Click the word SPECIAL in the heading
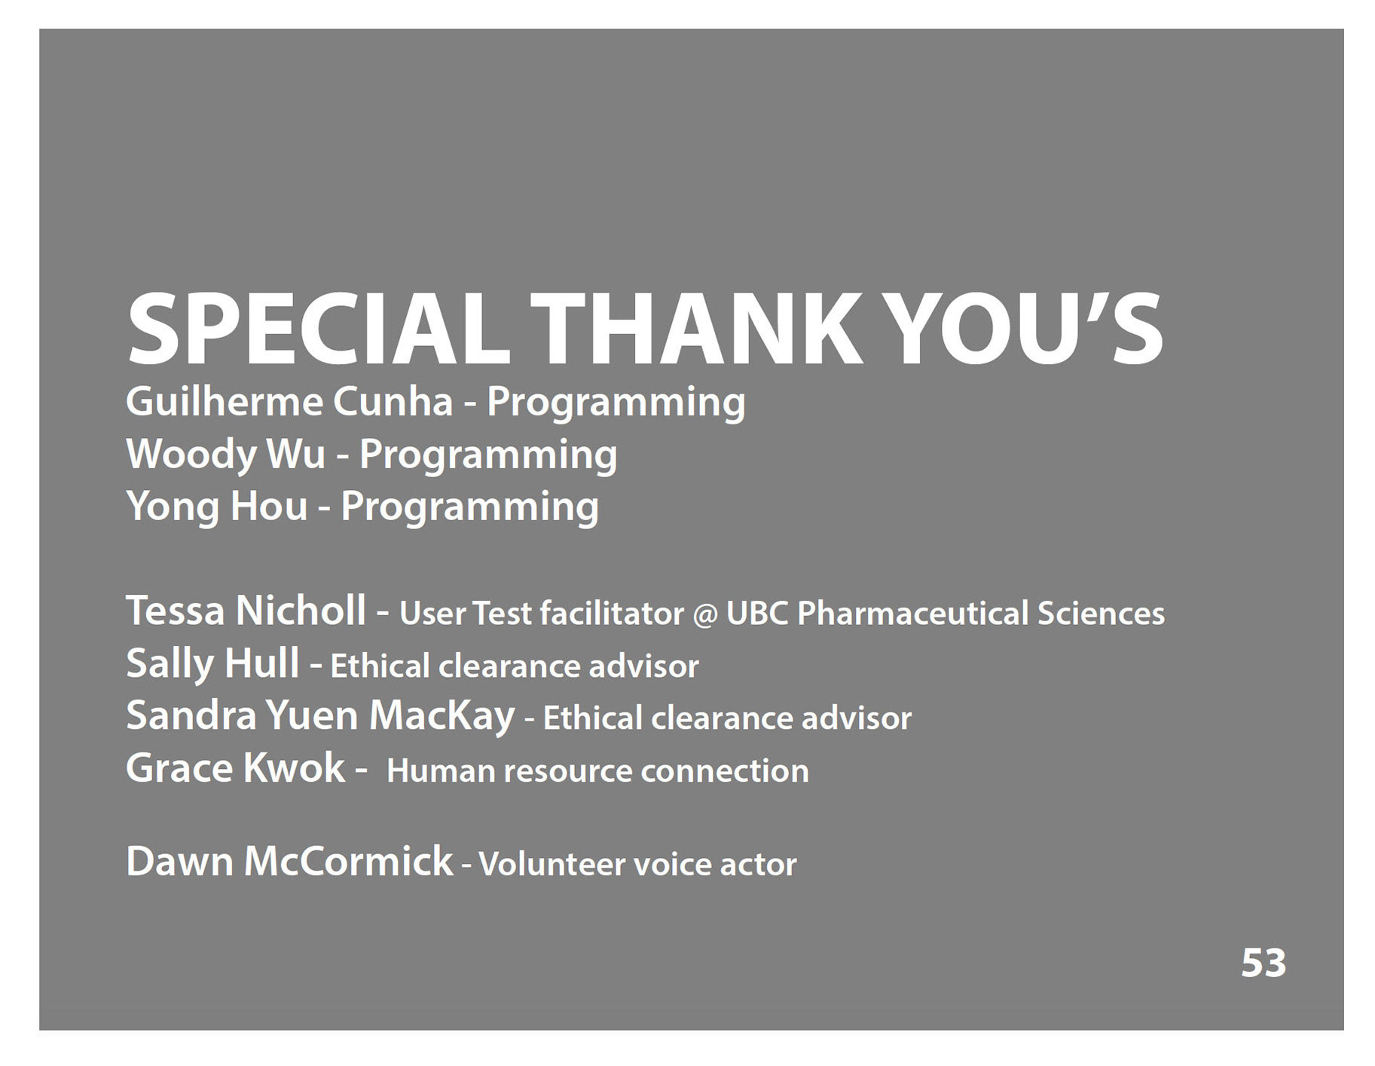(x=319, y=329)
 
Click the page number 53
(x=1263, y=963)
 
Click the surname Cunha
(x=393, y=401)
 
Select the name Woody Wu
(x=225, y=454)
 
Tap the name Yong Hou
(x=217, y=506)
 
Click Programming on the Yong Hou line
(x=470, y=507)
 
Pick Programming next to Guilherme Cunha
(x=616, y=403)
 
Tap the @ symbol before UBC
(x=705, y=614)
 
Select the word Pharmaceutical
(x=913, y=614)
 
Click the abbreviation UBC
(x=757, y=614)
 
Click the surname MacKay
(x=442, y=715)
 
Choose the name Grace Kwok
(x=235, y=767)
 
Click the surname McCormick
(x=348, y=861)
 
